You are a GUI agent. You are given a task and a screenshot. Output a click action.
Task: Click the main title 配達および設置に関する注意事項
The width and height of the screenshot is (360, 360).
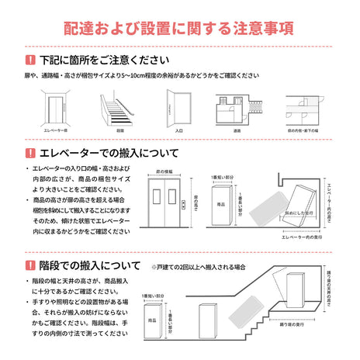click(x=179, y=29)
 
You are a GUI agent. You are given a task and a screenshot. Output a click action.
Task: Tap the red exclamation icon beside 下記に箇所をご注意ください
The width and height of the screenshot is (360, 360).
click(x=29, y=60)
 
